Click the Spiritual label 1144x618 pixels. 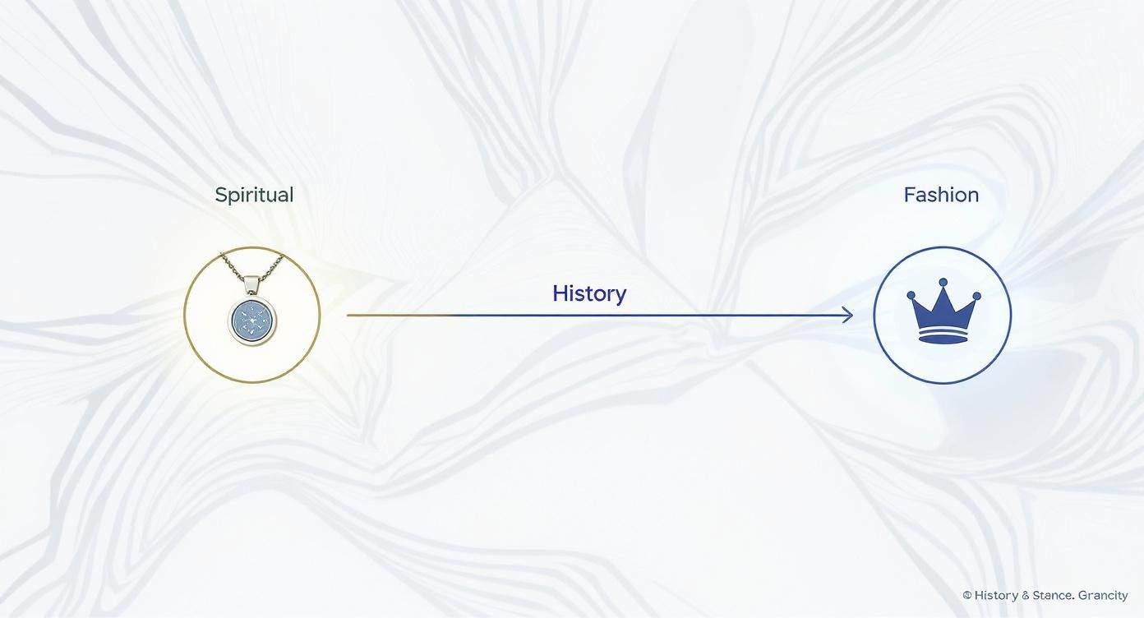click(x=254, y=195)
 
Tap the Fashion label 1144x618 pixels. click(x=941, y=195)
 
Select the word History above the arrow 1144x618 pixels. click(x=589, y=293)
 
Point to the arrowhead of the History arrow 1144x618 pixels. click(x=848, y=315)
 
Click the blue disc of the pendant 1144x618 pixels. click(x=252, y=321)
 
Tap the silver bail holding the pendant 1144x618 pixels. click(x=252, y=284)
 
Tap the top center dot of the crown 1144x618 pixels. click(x=943, y=283)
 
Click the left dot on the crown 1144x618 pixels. click(x=911, y=295)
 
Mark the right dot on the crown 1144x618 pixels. click(x=976, y=296)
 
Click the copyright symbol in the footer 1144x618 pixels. click(x=967, y=595)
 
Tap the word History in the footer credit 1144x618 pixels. click(x=996, y=595)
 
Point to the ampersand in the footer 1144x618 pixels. click(x=1025, y=595)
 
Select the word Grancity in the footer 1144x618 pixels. click(x=1103, y=595)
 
